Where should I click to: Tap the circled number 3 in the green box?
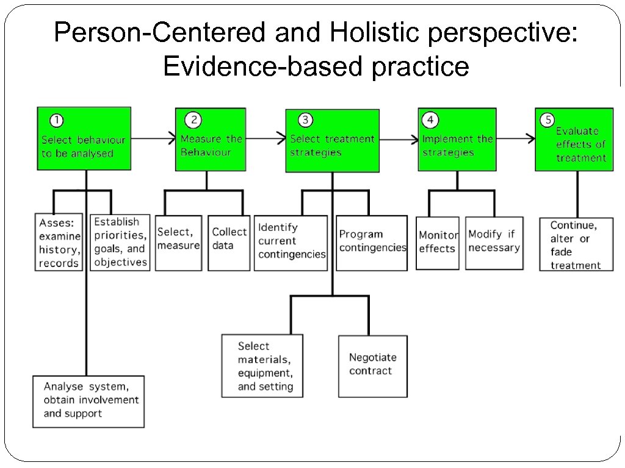click(306, 121)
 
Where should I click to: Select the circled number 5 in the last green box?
click(547, 120)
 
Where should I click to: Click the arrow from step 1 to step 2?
click(153, 139)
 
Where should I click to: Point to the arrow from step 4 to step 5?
click(515, 139)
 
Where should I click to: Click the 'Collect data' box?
click(229, 243)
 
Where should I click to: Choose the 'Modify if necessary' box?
click(494, 243)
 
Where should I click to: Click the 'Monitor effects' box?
click(438, 243)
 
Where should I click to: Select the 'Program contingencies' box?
click(372, 243)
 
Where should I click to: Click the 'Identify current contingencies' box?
click(291, 243)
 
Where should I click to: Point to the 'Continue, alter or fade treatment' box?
click(576, 245)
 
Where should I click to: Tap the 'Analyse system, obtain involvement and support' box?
click(89, 400)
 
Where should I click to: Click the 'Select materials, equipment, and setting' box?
click(262, 366)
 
